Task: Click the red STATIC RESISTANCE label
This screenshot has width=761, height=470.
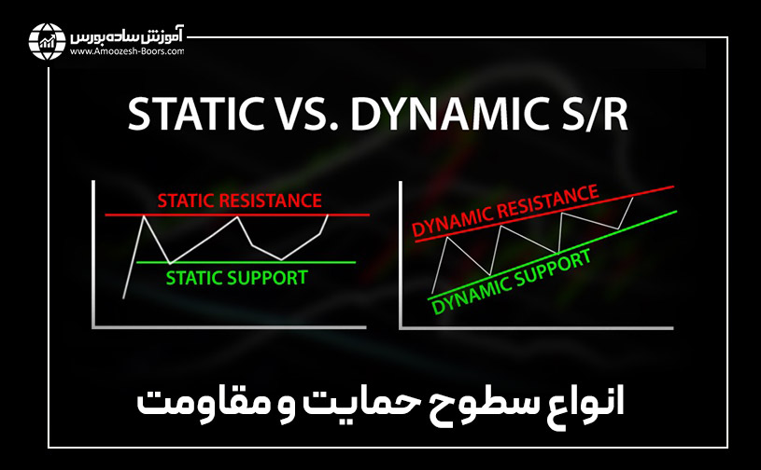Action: (239, 200)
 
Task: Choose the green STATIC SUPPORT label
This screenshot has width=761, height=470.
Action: (236, 277)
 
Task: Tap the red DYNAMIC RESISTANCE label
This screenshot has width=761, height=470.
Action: (505, 214)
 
